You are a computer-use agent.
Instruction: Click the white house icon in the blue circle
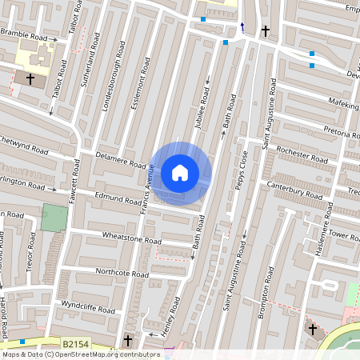pyautogui.click(x=180, y=173)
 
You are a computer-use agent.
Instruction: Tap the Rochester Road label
pyautogui.click(x=302, y=154)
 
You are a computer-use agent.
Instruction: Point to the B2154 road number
pyautogui.click(x=75, y=344)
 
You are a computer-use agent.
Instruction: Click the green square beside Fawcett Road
pyautogui.click(x=54, y=218)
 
